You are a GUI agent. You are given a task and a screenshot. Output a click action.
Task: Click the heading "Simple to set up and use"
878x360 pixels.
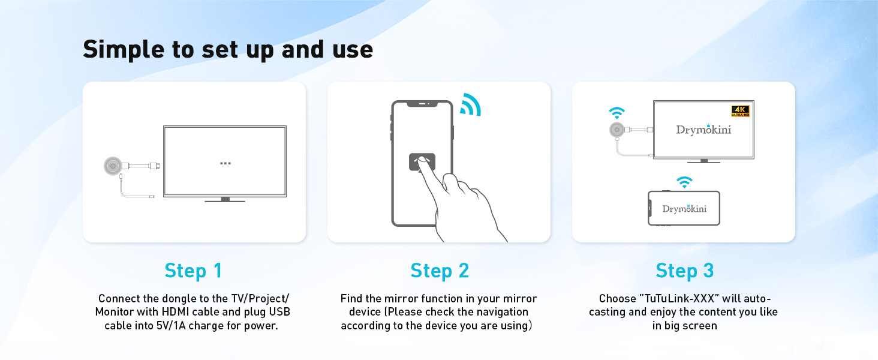228,50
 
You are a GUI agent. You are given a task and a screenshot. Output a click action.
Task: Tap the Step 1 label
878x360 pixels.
193,271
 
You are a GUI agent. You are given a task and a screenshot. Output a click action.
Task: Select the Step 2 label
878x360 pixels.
440,271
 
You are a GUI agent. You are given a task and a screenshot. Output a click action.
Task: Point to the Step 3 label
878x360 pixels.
685,271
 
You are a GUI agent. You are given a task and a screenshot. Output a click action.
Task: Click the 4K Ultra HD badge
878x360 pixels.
741,111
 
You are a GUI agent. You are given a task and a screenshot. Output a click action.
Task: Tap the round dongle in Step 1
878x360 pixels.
113,166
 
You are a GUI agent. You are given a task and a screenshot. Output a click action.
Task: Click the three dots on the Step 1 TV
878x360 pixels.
225,163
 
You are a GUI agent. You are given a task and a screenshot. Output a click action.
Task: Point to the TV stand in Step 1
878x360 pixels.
225,200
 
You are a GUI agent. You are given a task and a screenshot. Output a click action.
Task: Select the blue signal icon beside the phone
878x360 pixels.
470,105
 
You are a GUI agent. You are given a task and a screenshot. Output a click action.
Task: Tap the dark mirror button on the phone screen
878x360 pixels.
422,161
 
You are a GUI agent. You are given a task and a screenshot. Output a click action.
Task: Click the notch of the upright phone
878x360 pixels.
422,104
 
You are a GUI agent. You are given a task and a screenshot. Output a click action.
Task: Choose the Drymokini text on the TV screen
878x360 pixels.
703,130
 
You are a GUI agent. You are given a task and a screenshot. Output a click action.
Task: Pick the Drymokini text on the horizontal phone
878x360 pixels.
684,209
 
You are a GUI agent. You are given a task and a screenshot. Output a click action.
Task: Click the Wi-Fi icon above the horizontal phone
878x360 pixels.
684,182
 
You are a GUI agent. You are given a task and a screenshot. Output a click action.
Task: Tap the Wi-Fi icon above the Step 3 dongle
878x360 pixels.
617,113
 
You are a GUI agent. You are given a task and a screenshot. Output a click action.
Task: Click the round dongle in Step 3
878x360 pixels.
617,130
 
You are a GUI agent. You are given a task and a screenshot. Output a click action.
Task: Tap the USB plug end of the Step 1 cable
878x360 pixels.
152,196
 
